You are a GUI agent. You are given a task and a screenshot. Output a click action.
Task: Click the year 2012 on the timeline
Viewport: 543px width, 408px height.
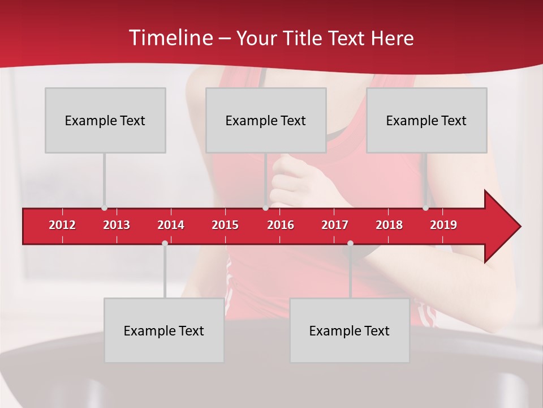62,225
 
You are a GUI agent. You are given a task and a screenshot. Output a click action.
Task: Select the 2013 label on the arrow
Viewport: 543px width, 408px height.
117,225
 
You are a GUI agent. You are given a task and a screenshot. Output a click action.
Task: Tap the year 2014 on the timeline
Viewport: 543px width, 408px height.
171,225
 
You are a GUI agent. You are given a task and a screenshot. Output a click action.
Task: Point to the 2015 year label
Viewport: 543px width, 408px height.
225,225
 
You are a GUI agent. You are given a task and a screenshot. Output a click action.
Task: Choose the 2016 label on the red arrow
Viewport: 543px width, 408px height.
281,225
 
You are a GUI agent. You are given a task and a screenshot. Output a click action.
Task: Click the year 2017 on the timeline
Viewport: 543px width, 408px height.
335,225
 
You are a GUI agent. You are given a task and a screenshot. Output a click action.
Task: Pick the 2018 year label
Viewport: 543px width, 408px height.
389,225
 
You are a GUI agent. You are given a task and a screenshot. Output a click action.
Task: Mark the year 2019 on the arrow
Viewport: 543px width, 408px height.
443,225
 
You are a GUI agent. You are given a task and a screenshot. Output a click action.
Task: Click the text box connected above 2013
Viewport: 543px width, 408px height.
105,120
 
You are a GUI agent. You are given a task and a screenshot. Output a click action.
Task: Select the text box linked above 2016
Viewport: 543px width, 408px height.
266,120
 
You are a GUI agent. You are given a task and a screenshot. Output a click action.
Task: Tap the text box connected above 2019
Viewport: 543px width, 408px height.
426,120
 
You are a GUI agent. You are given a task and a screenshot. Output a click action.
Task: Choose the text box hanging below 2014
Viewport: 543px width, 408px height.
164,330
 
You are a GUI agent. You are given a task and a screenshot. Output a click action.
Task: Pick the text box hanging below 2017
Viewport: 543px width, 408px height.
350,330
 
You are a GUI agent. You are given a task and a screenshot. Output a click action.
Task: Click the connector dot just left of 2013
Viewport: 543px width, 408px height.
105,208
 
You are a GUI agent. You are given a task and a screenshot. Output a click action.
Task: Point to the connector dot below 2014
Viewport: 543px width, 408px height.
165,243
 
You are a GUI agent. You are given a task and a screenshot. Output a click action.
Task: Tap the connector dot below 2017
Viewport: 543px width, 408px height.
350,243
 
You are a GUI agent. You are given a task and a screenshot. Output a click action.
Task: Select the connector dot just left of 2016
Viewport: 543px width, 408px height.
265,208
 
